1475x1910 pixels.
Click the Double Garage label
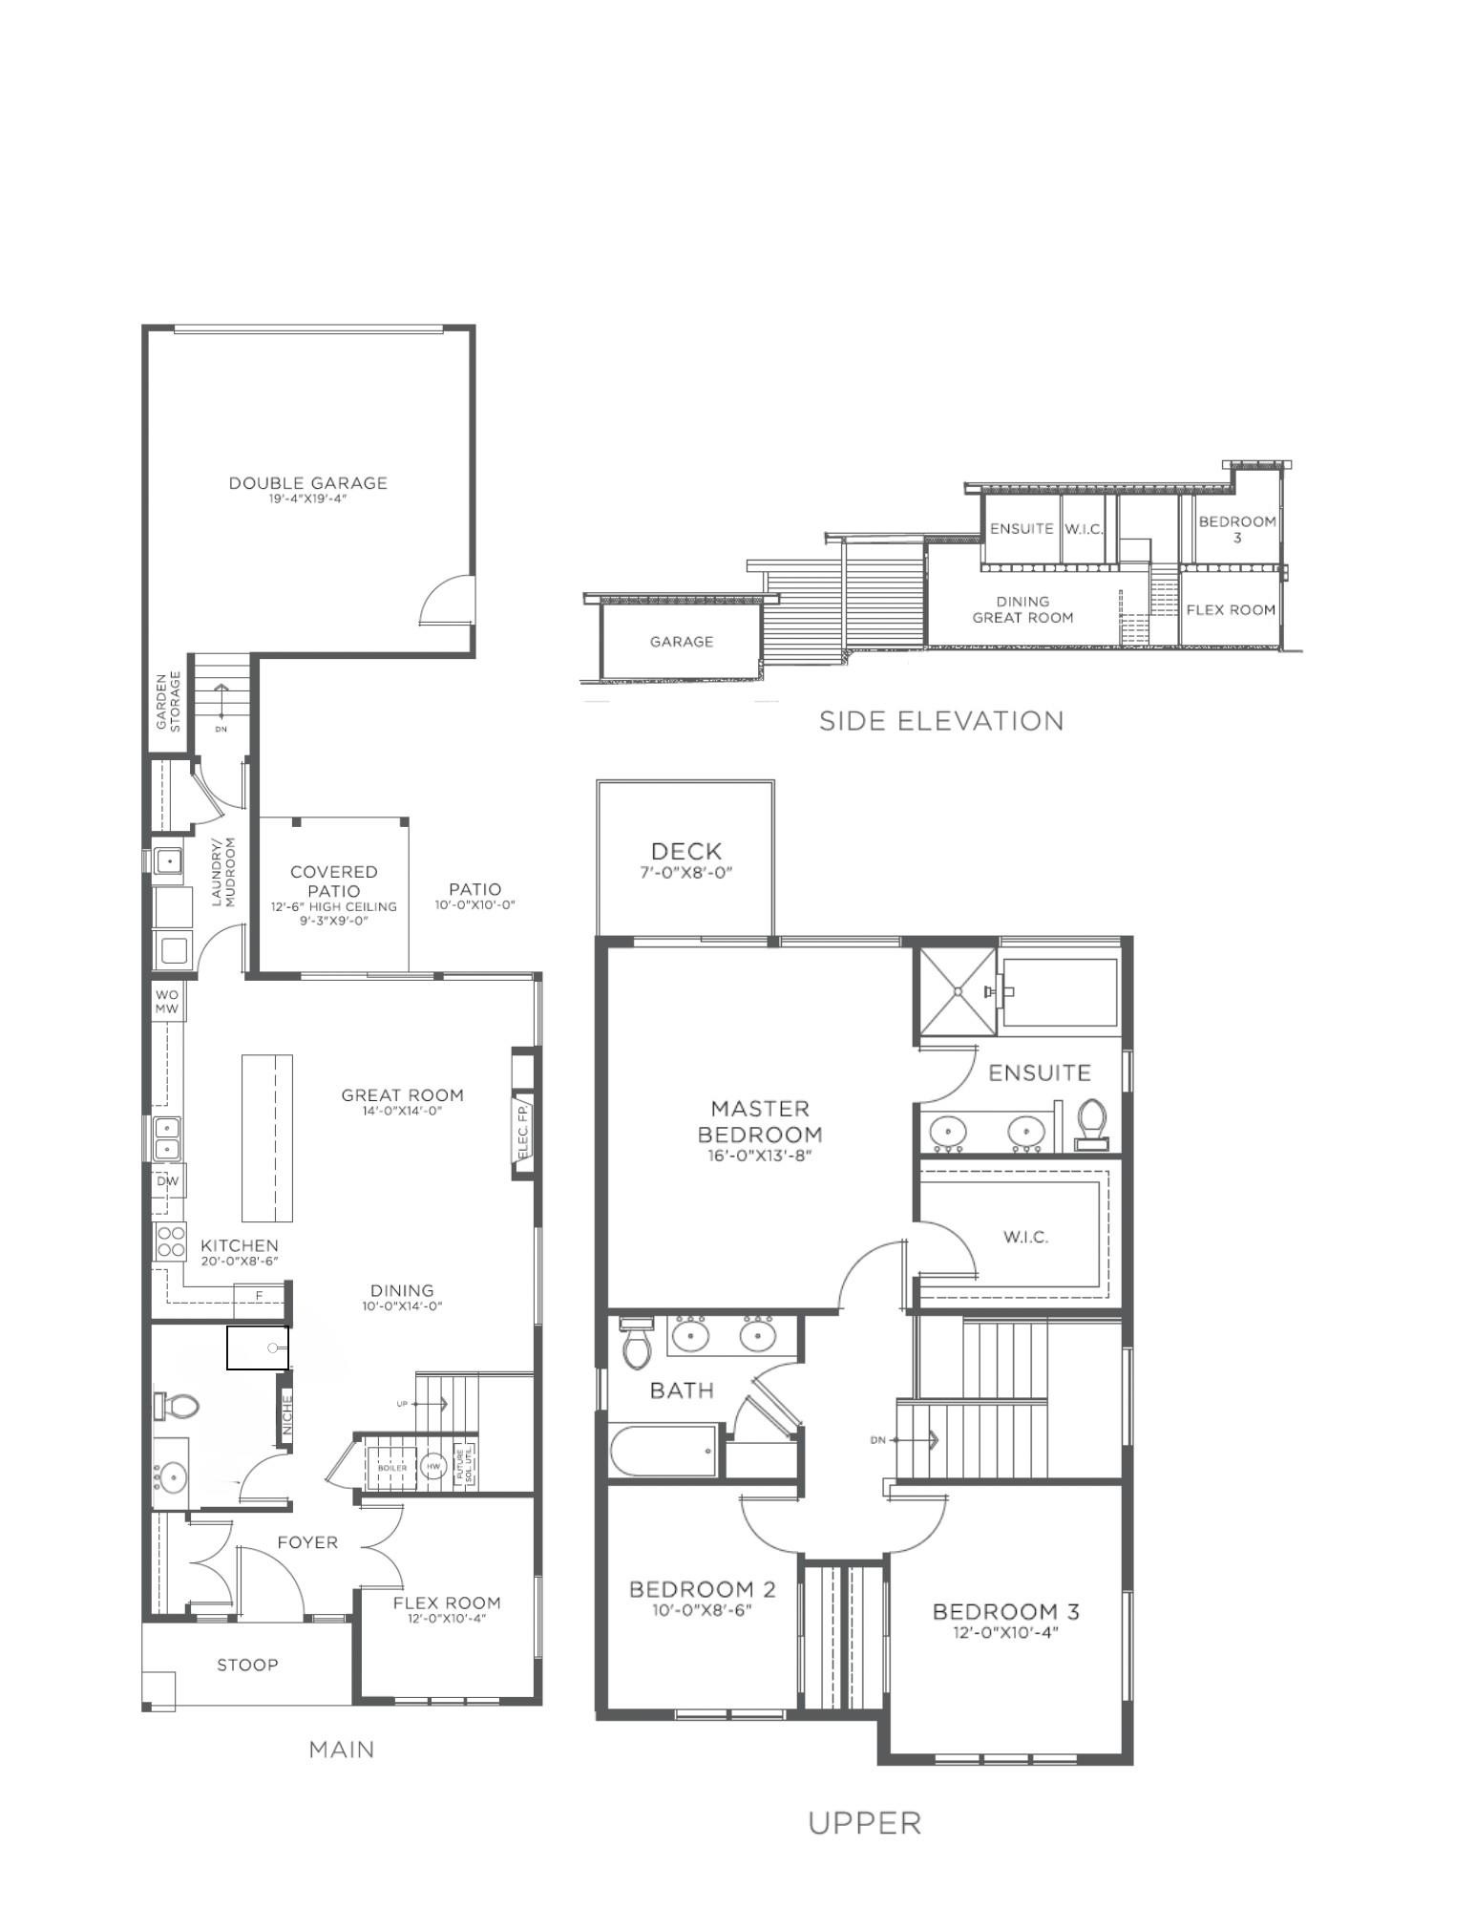pos(307,483)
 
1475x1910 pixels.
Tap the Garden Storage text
pos(168,701)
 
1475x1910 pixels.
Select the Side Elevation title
pos(941,721)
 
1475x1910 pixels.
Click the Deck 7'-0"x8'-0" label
pos(685,859)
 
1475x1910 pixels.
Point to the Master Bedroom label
pos(760,1122)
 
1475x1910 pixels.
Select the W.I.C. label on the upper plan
pos(1025,1237)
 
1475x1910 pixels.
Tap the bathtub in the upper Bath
pos(664,1451)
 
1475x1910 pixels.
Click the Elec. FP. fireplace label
pos(523,1132)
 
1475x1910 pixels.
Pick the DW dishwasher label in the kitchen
pos(167,1181)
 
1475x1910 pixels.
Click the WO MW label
pos(167,1002)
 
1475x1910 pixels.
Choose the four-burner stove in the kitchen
pos(170,1241)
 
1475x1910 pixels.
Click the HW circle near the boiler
pos(433,1467)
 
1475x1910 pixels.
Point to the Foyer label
pos(307,1542)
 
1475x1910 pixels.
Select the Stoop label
pos(247,1665)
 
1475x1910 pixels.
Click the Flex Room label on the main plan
pos(446,1603)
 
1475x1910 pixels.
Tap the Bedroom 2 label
pos(702,1590)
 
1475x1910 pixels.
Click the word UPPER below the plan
pos(864,1823)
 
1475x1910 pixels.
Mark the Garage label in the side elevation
pos(681,642)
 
